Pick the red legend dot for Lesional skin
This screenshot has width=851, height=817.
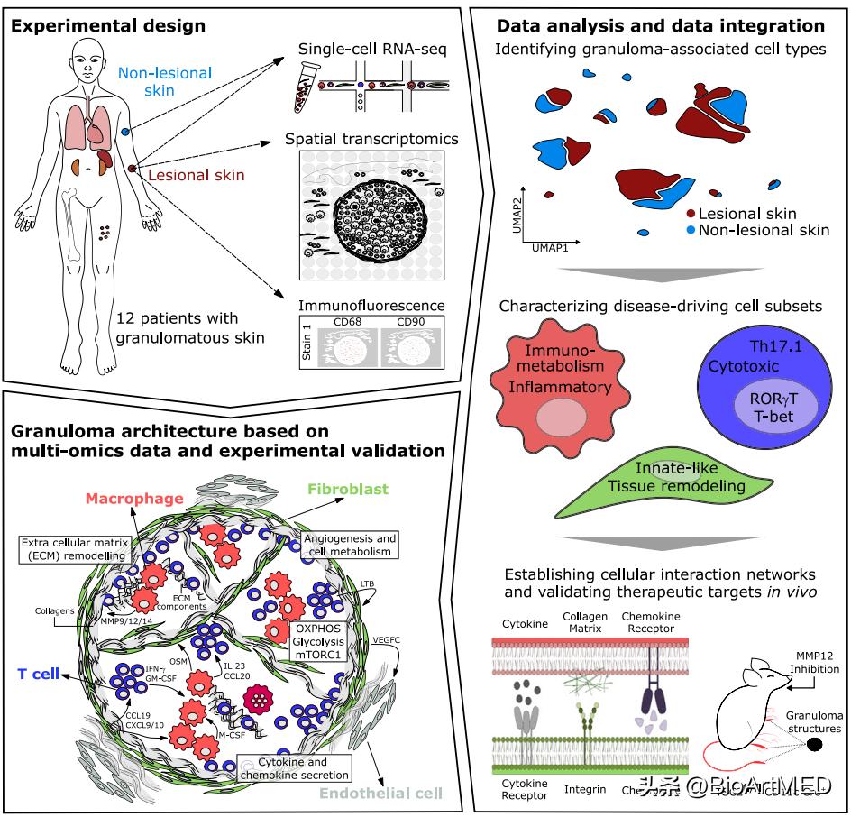(691, 214)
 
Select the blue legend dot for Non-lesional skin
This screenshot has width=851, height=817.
(691, 230)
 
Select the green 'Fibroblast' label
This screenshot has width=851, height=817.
(347, 490)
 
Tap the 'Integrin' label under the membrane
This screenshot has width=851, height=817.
(598, 789)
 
